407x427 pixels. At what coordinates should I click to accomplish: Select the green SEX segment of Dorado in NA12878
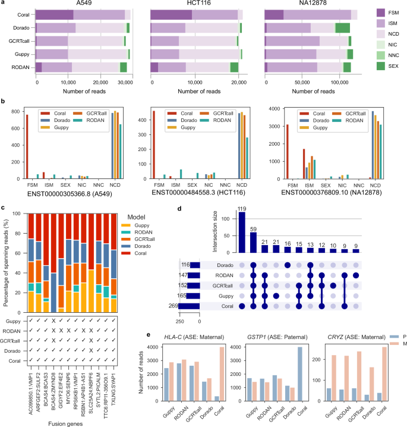[342, 28]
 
